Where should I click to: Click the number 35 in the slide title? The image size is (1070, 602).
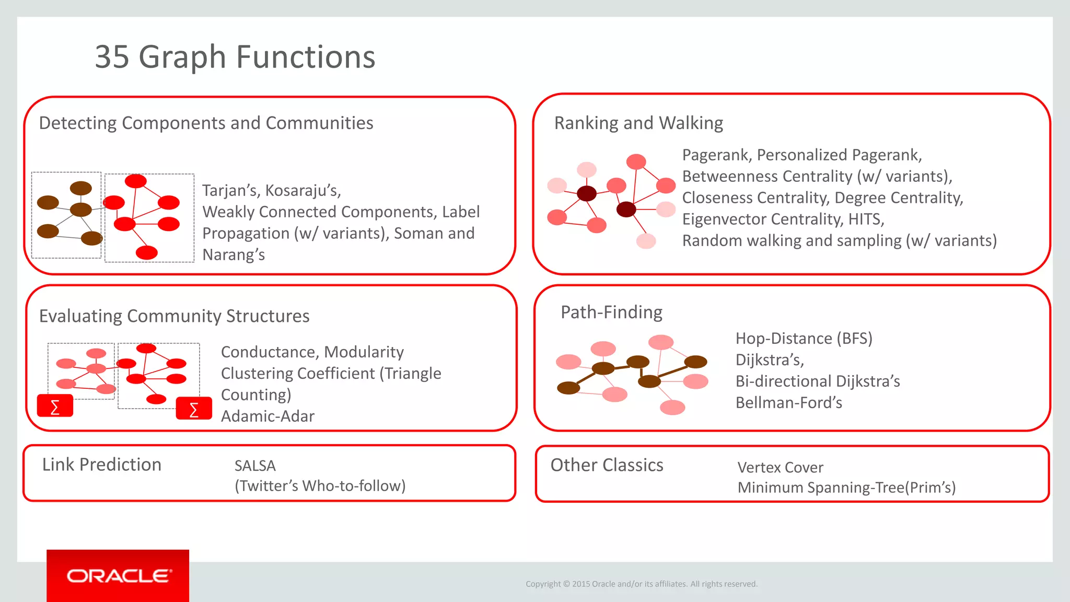coord(112,56)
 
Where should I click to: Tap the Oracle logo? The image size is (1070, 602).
coord(118,576)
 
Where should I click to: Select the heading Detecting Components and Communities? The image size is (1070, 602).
coord(206,123)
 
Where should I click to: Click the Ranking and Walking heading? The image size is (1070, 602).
coord(638,123)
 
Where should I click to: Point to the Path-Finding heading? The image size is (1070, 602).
coord(611,312)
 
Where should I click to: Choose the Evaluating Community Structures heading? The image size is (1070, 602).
coord(174,316)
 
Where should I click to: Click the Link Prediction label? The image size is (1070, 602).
coord(102,465)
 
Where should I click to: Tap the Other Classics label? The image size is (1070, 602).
coord(607,465)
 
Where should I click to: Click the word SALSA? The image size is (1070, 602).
coord(255,466)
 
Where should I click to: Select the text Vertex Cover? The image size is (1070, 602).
coord(780,467)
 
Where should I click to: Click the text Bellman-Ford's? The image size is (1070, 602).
coord(788,403)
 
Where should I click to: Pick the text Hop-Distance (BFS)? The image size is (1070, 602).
coord(804,339)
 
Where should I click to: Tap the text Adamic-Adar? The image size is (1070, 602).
coord(267,416)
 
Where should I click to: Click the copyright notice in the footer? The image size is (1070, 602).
coord(641,584)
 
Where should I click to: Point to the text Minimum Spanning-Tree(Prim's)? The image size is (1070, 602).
coord(846,488)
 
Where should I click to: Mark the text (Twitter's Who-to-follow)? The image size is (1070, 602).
coord(320,486)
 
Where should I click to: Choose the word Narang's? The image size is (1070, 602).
coord(234,255)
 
